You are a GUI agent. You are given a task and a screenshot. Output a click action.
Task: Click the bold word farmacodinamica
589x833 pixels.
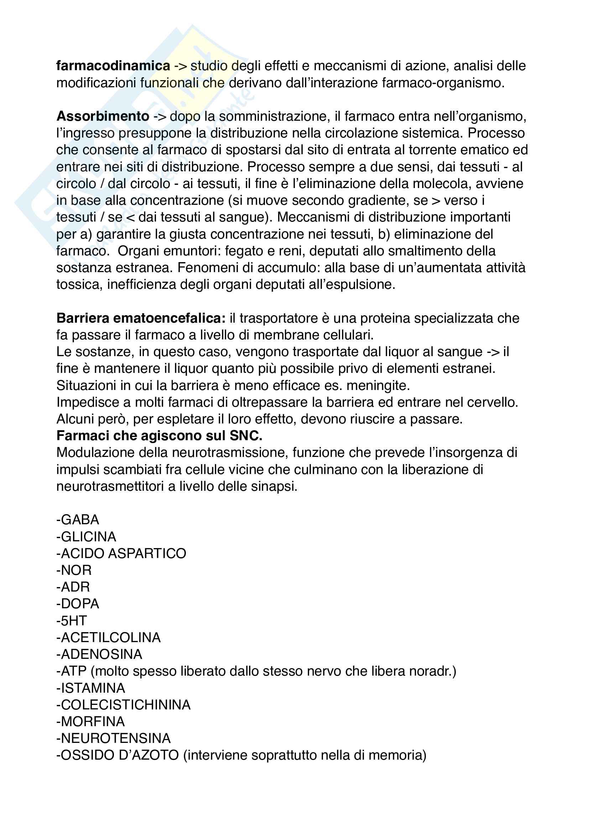113,66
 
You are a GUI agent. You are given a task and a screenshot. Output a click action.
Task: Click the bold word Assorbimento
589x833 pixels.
103,116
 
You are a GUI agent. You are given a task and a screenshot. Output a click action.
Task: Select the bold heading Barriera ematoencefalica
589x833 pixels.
141,318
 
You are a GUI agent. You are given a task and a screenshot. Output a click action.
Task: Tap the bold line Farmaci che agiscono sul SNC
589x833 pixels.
159,436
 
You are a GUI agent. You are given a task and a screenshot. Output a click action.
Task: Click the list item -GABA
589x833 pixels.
78,520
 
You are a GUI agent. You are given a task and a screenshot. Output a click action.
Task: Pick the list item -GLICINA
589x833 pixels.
86,537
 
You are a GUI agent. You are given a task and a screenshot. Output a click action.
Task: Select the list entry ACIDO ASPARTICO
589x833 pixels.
121,554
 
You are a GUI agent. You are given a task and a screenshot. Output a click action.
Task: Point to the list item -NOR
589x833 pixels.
74,570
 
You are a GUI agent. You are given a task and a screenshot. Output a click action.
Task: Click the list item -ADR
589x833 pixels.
73,587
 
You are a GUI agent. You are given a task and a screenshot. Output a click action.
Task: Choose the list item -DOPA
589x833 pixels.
78,604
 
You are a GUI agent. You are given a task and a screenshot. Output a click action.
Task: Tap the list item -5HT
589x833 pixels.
72,621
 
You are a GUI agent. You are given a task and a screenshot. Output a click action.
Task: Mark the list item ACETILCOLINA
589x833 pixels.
109,637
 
